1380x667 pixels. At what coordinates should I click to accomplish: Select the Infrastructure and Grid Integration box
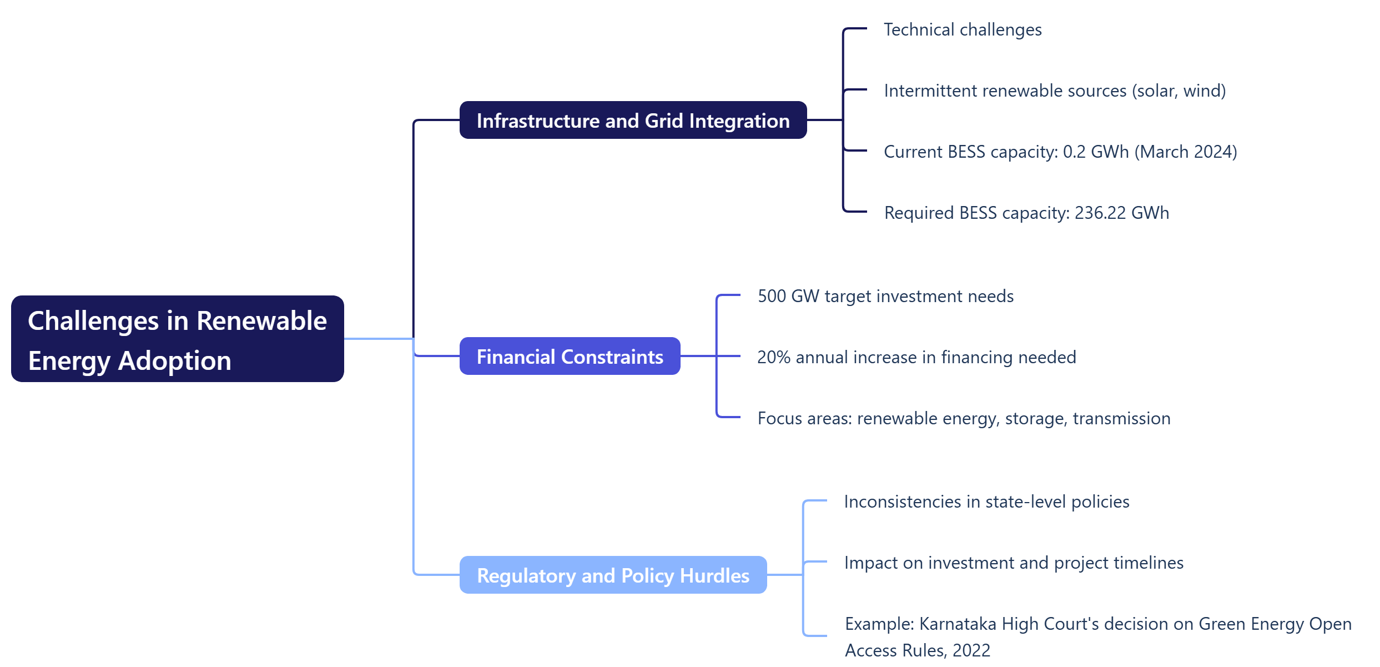[633, 121]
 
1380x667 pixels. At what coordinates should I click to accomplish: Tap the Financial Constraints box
[570, 357]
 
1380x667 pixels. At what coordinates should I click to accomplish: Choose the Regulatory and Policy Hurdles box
[613, 575]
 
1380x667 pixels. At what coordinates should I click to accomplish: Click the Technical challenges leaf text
[962, 29]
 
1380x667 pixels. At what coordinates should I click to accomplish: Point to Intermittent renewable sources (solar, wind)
[1054, 91]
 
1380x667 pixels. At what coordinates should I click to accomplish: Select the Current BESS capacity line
[1060, 152]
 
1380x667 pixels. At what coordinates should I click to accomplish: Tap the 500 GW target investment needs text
[885, 296]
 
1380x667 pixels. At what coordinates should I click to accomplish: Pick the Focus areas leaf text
[964, 418]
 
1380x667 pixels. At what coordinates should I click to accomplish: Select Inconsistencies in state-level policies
[986, 501]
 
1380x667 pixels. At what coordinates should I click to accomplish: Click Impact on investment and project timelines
[1014, 563]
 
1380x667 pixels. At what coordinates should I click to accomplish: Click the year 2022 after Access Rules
[971, 650]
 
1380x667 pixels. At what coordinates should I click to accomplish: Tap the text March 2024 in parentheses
[1185, 152]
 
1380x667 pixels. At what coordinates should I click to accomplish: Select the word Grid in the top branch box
[663, 121]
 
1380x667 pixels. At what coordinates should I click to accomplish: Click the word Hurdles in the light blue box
[714, 575]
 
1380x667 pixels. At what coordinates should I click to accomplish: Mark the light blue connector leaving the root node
[377, 339]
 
